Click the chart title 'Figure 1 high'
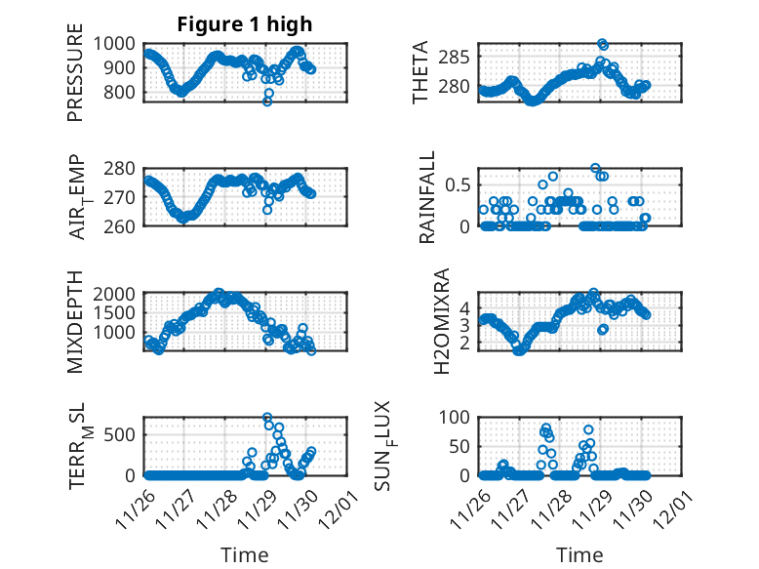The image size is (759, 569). pyautogui.click(x=245, y=24)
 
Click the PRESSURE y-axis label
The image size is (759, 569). pyautogui.click(x=75, y=80)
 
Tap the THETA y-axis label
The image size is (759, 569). pyautogui.click(x=420, y=72)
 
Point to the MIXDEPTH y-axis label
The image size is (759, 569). pyautogui.click(x=75, y=323)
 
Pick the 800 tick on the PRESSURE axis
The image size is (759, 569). pyautogui.click(x=124, y=93)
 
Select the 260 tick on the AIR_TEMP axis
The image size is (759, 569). pyautogui.click(x=124, y=225)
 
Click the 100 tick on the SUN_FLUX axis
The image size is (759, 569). pyautogui.click(x=457, y=417)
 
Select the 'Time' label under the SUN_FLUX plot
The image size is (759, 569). pyautogui.click(x=579, y=554)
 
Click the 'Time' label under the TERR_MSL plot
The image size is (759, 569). pyautogui.click(x=245, y=554)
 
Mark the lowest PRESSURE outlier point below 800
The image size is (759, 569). pyautogui.click(x=267, y=101)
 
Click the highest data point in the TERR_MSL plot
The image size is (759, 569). pyautogui.click(x=267, y=418)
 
